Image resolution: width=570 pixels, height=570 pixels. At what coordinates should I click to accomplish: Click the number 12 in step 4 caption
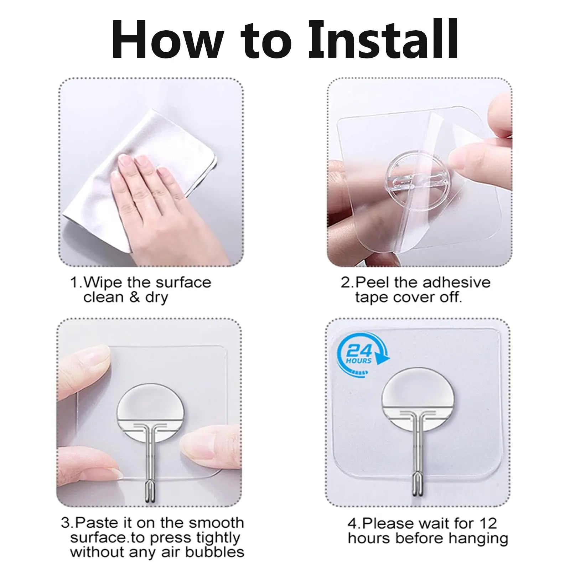point(488,523)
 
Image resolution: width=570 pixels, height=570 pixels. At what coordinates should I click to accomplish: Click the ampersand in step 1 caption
point(134,297)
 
